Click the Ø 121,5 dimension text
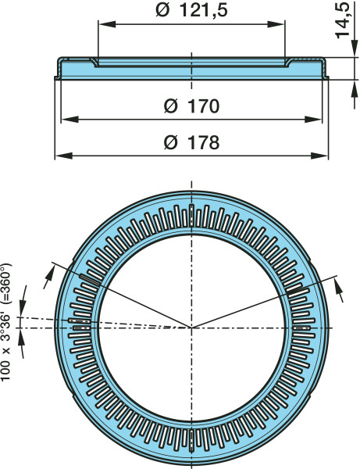click(191, 10)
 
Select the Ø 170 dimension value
click(191, 106)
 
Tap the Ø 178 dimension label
click(191, 142)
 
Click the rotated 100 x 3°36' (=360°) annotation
click(6, 322)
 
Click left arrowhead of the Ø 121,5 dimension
click(107, 24)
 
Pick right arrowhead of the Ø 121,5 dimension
click(276, 24)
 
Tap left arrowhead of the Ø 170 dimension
click(70, 120)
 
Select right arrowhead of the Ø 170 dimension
click(313, 120)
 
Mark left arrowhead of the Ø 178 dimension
click(64, 156)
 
